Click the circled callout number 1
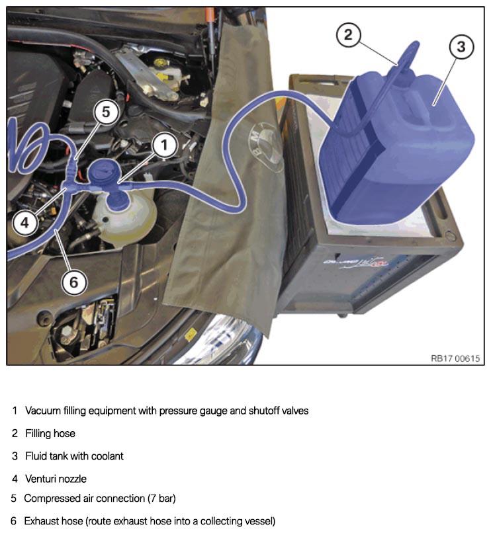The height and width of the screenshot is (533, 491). [164, 145]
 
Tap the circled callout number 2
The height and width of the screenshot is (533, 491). [348, 34]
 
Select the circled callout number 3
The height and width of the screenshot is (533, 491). [461, 46]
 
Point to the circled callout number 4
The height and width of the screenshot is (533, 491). [24, 223]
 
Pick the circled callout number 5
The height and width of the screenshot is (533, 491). [106, 112]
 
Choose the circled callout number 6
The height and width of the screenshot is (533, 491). [74, 282]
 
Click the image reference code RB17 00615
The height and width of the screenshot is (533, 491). [455, 358]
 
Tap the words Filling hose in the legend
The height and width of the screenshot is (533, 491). [50, 433]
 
